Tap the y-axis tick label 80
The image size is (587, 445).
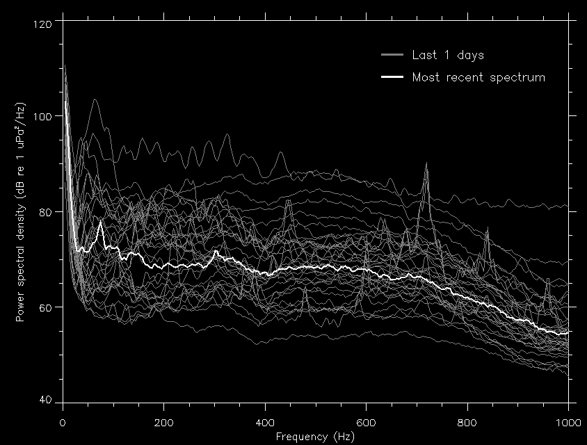click(47, 211)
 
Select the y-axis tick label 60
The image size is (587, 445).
click(47, 307)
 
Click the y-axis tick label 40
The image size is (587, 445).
click(47, 401)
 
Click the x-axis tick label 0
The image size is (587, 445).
click(63, 423)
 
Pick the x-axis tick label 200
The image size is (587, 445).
click(164, 423)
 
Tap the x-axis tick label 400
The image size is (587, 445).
click(265, 423)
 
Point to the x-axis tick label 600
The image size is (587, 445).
click(367, 423)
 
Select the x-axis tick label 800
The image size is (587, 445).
click(467, 423)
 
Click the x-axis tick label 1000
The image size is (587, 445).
click(568, 423)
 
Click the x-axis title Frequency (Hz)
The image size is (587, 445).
click(315, 437)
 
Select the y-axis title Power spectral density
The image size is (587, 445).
click(22, 212)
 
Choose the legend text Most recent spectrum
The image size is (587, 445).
click(479, 77)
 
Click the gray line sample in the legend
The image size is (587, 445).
click(392, 55)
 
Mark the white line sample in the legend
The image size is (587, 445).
click(392, 77)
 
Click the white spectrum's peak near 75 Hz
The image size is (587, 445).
click(101, 222)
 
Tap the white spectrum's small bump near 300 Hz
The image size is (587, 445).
click(216, 251)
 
